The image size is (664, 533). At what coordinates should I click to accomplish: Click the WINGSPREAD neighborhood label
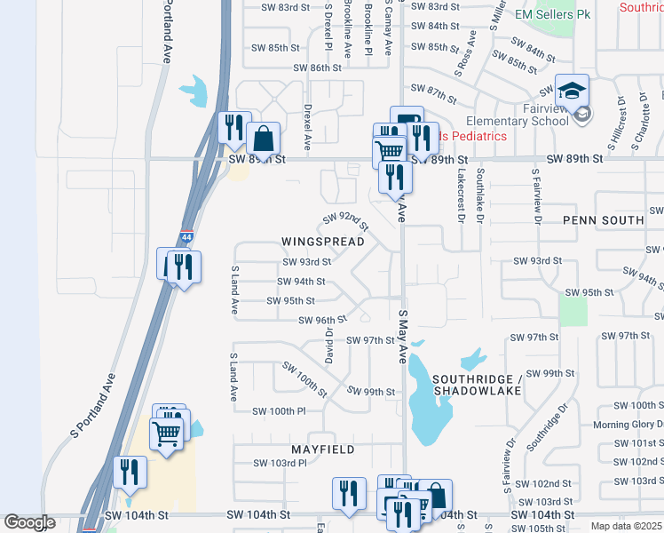[323, 242]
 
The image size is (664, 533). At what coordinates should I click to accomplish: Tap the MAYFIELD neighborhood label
[318, 449]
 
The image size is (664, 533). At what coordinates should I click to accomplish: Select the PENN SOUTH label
[604, 219]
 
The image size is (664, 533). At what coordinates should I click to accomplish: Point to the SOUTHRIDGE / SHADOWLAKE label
[476, 386]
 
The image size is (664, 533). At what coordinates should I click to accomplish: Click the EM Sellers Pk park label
[552, 15]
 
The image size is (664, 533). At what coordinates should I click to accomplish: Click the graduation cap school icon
[572, 89]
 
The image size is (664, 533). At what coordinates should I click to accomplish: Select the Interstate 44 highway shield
[186, 237]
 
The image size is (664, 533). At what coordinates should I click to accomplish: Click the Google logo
[29, 522]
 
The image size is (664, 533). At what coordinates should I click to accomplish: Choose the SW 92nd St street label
[345, 219]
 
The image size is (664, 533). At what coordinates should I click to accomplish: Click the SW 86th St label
[319, 68]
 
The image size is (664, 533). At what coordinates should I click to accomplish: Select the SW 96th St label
[322, 321]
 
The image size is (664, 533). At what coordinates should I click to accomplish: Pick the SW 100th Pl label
[279, 411]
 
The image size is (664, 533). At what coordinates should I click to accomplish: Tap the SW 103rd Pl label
[280, 463]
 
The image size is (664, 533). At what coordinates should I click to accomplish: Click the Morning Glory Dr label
[628, 425]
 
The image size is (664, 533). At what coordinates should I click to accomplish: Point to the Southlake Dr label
[480, 194]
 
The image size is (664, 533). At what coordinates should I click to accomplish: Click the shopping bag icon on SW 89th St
[264, 139]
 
